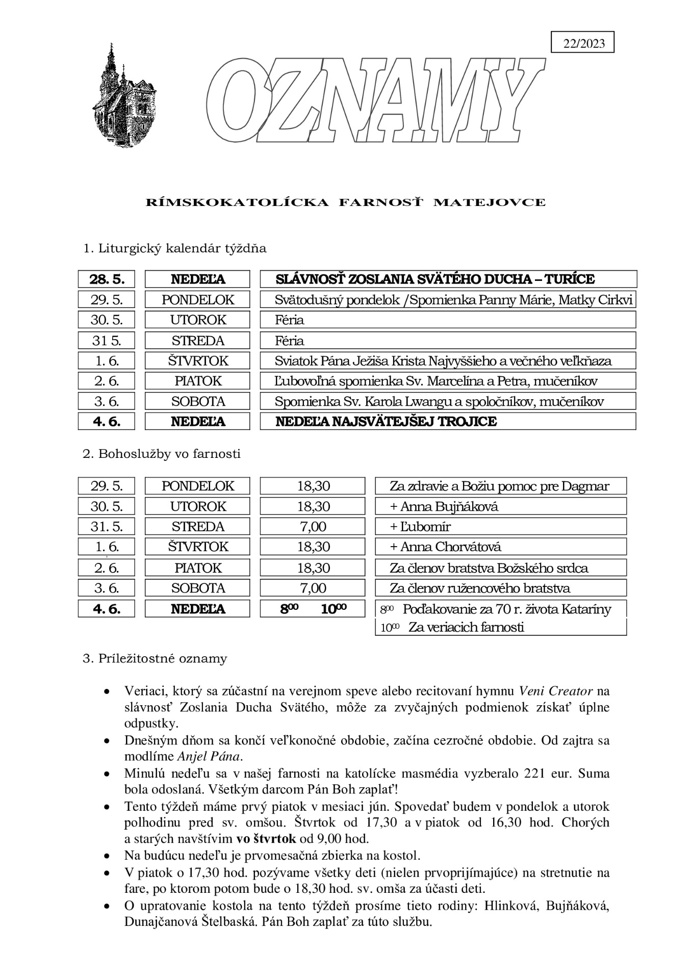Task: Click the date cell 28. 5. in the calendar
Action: [106, 279]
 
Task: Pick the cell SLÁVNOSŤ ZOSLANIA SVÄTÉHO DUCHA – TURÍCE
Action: [448, 279]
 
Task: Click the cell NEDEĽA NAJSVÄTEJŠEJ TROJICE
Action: [448, 422]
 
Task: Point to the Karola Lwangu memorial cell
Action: [448, 401]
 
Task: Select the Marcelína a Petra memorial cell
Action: [448, 381]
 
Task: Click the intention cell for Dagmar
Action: [500, 486]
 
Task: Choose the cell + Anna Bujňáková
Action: [500, 506]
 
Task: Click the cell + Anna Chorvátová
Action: [500, 547]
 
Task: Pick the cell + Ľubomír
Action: [500, 527]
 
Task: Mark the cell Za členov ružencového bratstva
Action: [500, 588]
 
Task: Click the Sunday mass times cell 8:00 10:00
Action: [313, 609]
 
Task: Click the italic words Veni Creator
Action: [556, 691]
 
